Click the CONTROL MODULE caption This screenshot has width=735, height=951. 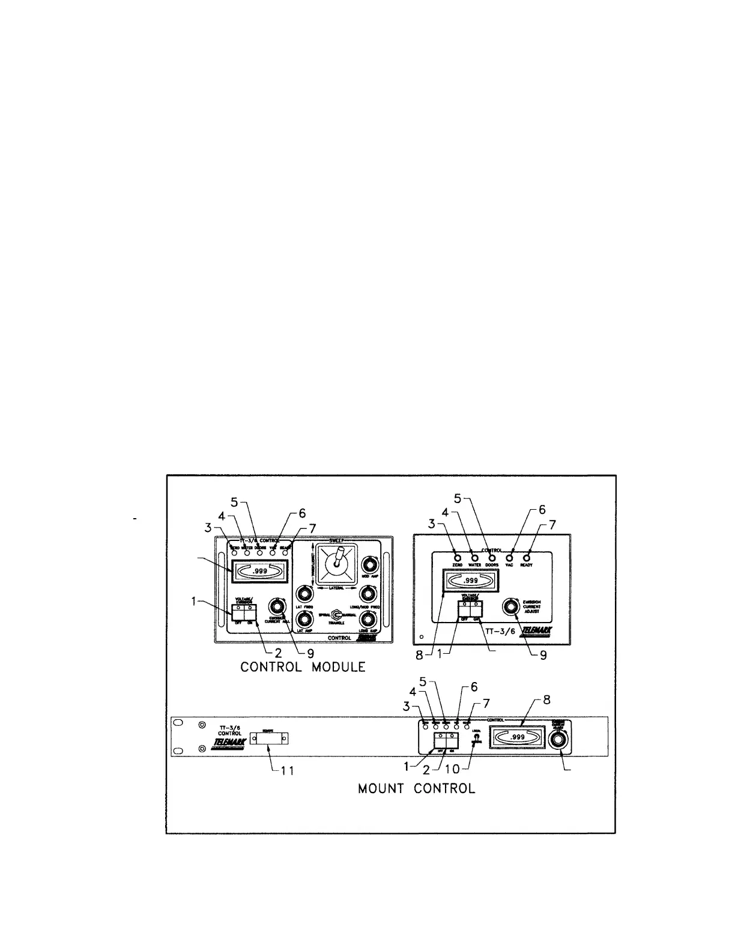coord(303,667)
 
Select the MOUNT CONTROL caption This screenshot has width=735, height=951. coord(416,788)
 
